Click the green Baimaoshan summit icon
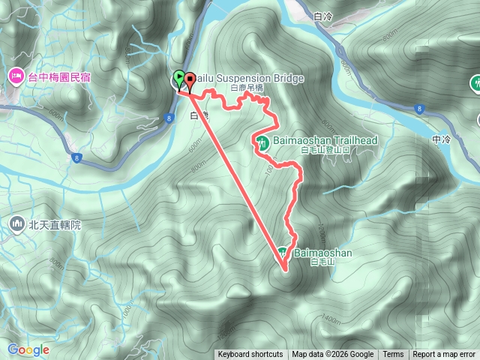point(283,253)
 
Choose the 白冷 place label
point(323,16)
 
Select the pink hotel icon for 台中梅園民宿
point(16,76)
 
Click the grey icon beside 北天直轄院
point(16,223)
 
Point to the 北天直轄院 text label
point(55,223)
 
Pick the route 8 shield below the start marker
point(171,117)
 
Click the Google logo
point(28,349)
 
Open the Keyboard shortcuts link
point(250,355)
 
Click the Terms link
point(393,355)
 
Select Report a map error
point(445,355)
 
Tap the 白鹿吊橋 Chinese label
point(247,88)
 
